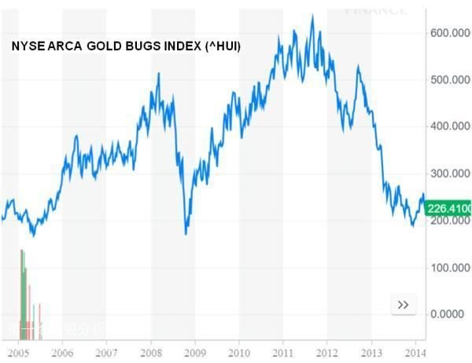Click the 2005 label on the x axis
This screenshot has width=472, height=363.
click(x=18, y=354)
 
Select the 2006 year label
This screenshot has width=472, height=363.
click(x=63, y=354)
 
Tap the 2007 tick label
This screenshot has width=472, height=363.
click(x=107, y=354)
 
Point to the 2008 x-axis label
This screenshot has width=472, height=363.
click(x=151, y=354)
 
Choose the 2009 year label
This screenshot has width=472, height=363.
click(x=195, y=354)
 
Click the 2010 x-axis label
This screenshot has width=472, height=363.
click(x=239, y=354)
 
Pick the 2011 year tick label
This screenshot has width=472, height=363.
click(x=283, y=354)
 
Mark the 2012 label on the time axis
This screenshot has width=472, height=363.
click(x=327, y=354)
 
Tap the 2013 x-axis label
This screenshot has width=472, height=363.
click(x=371, y=354)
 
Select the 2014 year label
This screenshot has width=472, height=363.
click(x=415, y=354)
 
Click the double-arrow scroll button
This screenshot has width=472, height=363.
click(x=404, y=304)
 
